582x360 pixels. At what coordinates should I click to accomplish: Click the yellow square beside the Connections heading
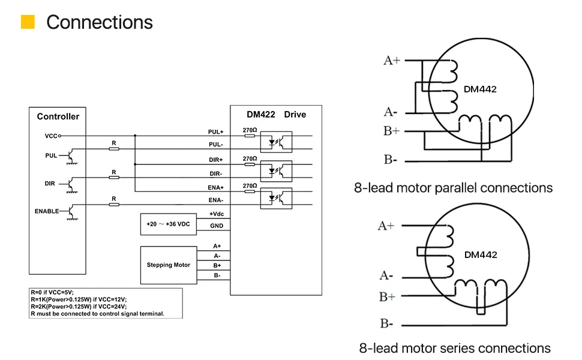[28, 22]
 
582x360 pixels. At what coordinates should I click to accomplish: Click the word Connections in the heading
[100, 22]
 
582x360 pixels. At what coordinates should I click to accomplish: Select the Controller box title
[58, 116]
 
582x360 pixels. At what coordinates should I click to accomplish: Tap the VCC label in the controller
[51, 136]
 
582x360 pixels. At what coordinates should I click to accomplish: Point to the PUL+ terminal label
[216, 131]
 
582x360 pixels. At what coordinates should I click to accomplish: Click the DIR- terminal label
[216, 173]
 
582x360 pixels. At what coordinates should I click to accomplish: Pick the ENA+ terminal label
[216, 187]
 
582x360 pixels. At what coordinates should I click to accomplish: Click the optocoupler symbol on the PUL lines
[276, 143]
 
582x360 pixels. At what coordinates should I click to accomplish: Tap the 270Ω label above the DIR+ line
[250, 158]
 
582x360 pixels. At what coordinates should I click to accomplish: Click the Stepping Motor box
[168, 265]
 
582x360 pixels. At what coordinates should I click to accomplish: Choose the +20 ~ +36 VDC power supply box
[168, 224]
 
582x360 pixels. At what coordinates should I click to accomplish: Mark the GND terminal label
[217, 226]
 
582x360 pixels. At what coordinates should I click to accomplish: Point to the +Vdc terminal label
[217, 214]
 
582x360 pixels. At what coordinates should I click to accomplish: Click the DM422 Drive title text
[276, 115]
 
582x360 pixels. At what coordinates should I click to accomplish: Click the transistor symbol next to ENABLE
[71, 212]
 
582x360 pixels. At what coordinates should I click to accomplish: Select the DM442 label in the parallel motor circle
[480, 89]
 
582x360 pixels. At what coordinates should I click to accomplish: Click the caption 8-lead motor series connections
[455, 348]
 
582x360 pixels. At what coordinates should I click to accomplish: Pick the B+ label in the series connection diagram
[387, 296]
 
